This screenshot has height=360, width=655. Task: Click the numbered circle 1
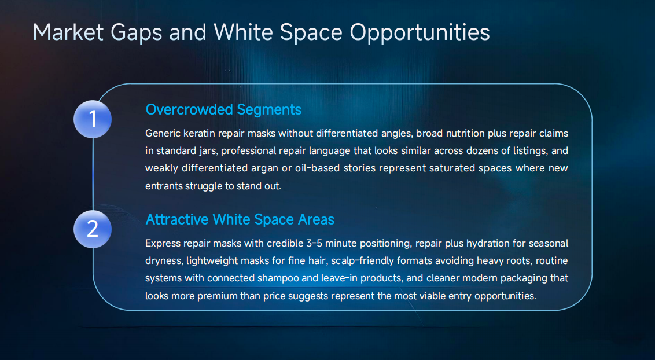pos(93,119)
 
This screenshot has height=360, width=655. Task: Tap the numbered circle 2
pos(93,229)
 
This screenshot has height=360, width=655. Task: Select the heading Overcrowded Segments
pos(223,109)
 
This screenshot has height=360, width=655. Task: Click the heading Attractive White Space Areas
pos(240,220)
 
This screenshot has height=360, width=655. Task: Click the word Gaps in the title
pos(138,32)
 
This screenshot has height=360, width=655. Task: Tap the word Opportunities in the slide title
pos(420,32)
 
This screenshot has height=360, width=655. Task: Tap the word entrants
pos(164,186)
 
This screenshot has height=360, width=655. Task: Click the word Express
pos(164,244)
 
